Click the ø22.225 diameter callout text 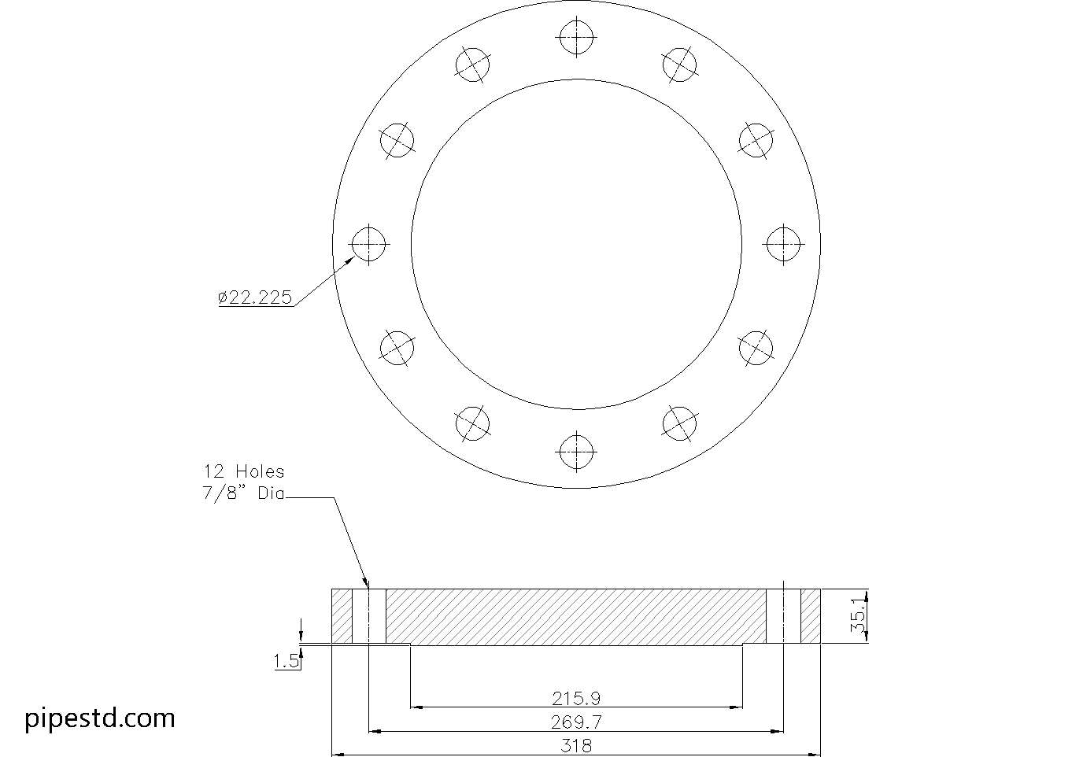coord(254,297)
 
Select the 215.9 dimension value coord(575,699)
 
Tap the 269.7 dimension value coord(575,722)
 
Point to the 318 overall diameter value coord(576,746)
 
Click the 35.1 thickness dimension coord(858,616)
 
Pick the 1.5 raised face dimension coord(286,661)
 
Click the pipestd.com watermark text coord(100,718)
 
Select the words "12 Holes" coord(244,472)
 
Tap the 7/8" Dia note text coord(243,493)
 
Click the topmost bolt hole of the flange coord(577,37)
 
